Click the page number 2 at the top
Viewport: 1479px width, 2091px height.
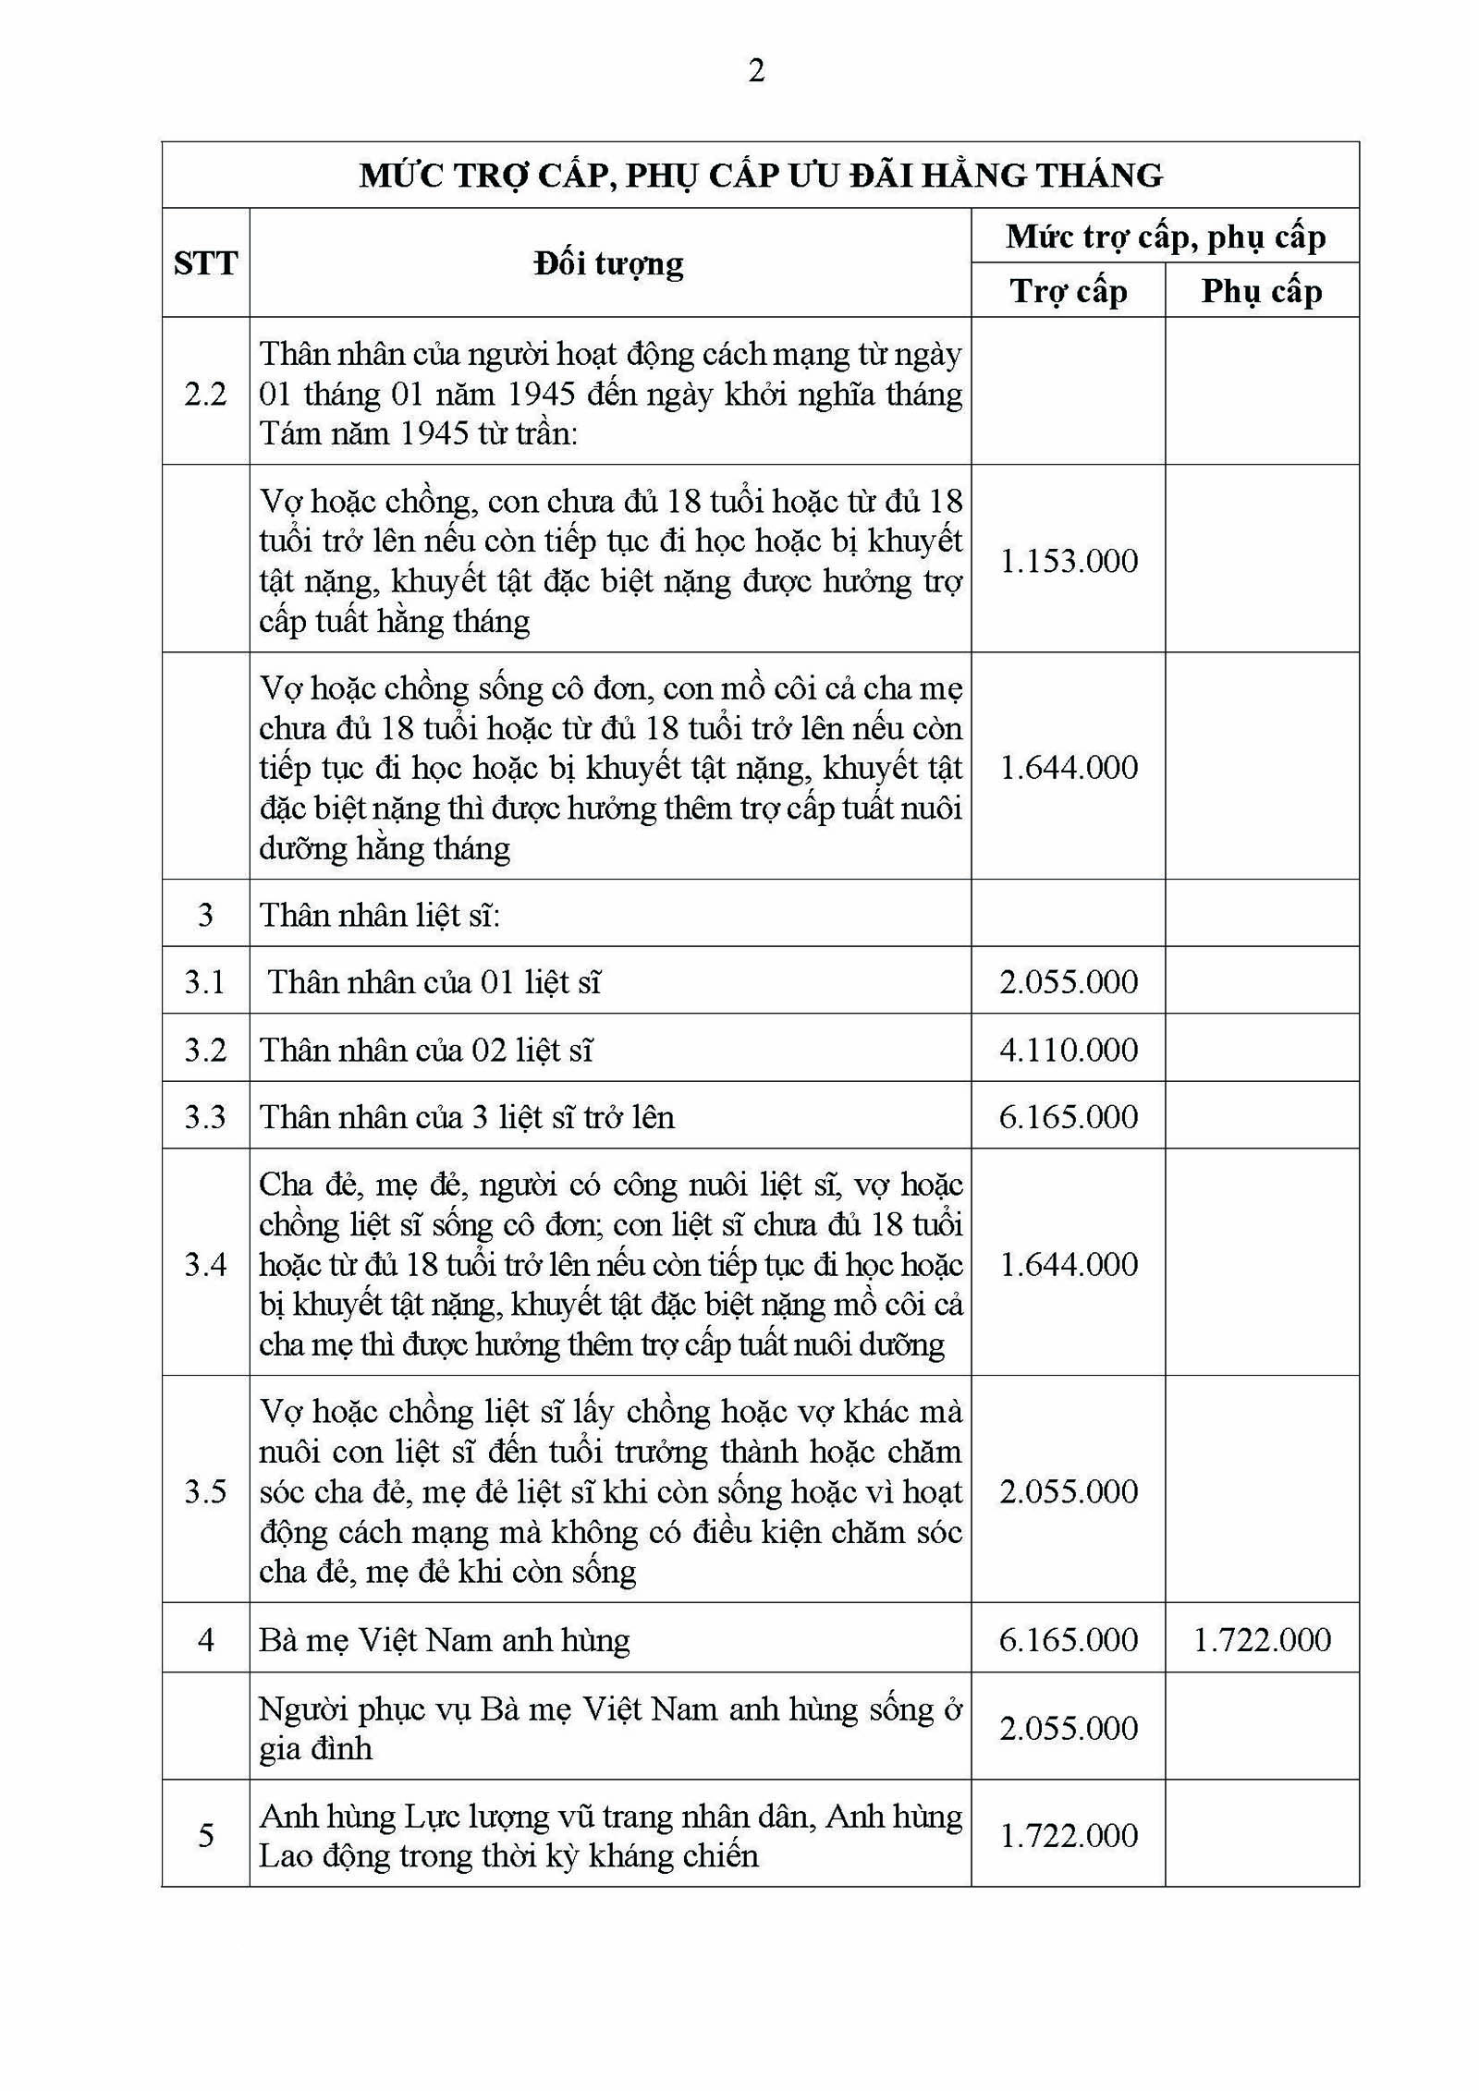(756, 71)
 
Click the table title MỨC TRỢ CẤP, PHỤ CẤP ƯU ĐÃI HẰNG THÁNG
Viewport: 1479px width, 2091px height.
(760, 175)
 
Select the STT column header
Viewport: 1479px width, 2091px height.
(205, 263)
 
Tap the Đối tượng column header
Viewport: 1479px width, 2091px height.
(609, 263)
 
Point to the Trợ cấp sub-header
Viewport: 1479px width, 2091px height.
(1068, 291)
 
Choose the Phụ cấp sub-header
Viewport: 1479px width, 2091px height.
(1261, 291)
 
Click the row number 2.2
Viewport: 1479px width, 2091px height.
(205, 394)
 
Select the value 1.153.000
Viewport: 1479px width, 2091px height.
(1069, 561)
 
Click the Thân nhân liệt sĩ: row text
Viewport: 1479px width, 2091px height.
(379, 915)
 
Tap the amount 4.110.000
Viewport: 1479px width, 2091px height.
(1069, 1050)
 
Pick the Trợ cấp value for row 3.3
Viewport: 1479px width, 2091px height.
(1069, 1116)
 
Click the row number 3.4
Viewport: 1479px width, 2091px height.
(205, 1264)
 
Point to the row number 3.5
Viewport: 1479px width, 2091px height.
(205, 1491)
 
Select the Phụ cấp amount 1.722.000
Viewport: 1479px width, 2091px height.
(1262, 1640)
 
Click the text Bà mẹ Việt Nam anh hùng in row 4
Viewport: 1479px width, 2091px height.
(444, 1640)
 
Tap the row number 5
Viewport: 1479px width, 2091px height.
(205, 1835)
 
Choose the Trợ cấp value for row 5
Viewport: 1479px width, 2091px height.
(1069, 1835)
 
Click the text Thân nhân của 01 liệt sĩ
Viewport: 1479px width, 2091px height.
(434, 981)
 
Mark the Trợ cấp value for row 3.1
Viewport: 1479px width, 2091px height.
(1069, 981)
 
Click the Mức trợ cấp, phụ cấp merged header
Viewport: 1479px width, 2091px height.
(1165, 237)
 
